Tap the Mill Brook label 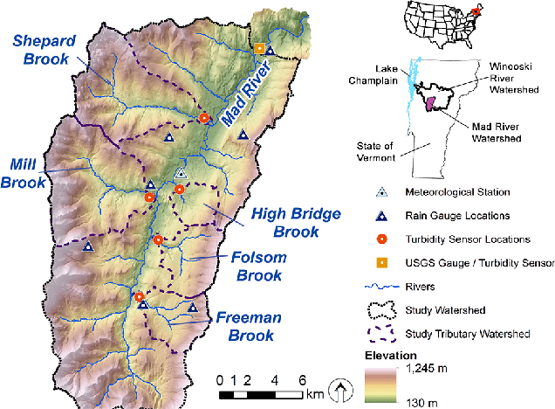click(23, 173)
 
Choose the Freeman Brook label click(250, 325)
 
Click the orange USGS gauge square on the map click(259, 48)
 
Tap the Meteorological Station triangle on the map click(182, 174)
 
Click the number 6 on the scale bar click(302, 380)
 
